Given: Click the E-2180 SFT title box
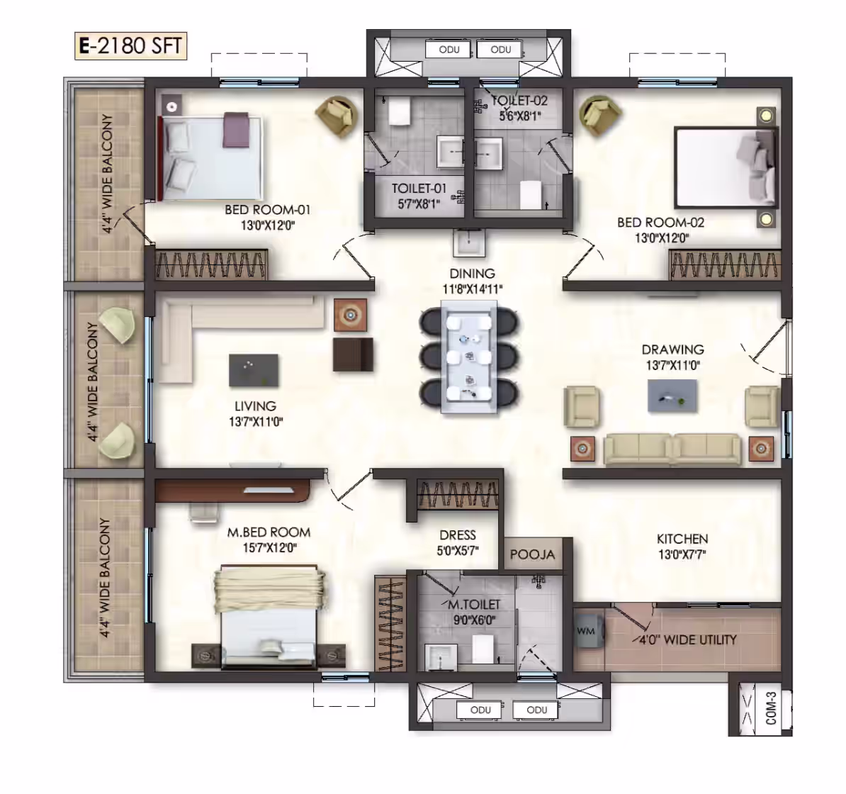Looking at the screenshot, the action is tap(130, 45).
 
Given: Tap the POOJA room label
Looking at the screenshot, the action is tap(533, 555).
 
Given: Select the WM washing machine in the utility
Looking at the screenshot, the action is tap(586, 631).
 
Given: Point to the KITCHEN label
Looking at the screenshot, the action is tap(682, 539).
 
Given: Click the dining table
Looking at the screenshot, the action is tap(468, 357).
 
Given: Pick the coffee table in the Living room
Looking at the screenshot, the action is tap(254, 370).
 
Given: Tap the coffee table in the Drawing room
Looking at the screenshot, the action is tap(672, 396).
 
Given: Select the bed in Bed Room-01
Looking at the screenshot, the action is tap(210, 157).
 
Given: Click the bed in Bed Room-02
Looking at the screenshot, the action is tap(726, 167).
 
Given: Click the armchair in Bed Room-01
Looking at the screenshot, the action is tap(336, 116).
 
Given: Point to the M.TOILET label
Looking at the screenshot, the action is tap(474, 605).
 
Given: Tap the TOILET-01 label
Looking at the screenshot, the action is tap(419, 189).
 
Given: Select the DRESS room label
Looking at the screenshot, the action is tap(458, 535).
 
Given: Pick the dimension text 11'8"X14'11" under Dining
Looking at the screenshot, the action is tap(472, 289).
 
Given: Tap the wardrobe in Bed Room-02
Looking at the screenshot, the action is tap(725, 264).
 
